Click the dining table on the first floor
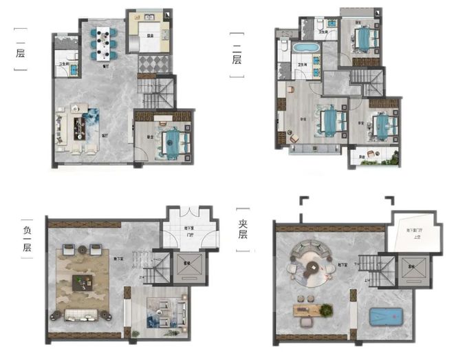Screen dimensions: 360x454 point(104,43)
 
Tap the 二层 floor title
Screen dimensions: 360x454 point(237,57)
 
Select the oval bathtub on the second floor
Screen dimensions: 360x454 point(304,49)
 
